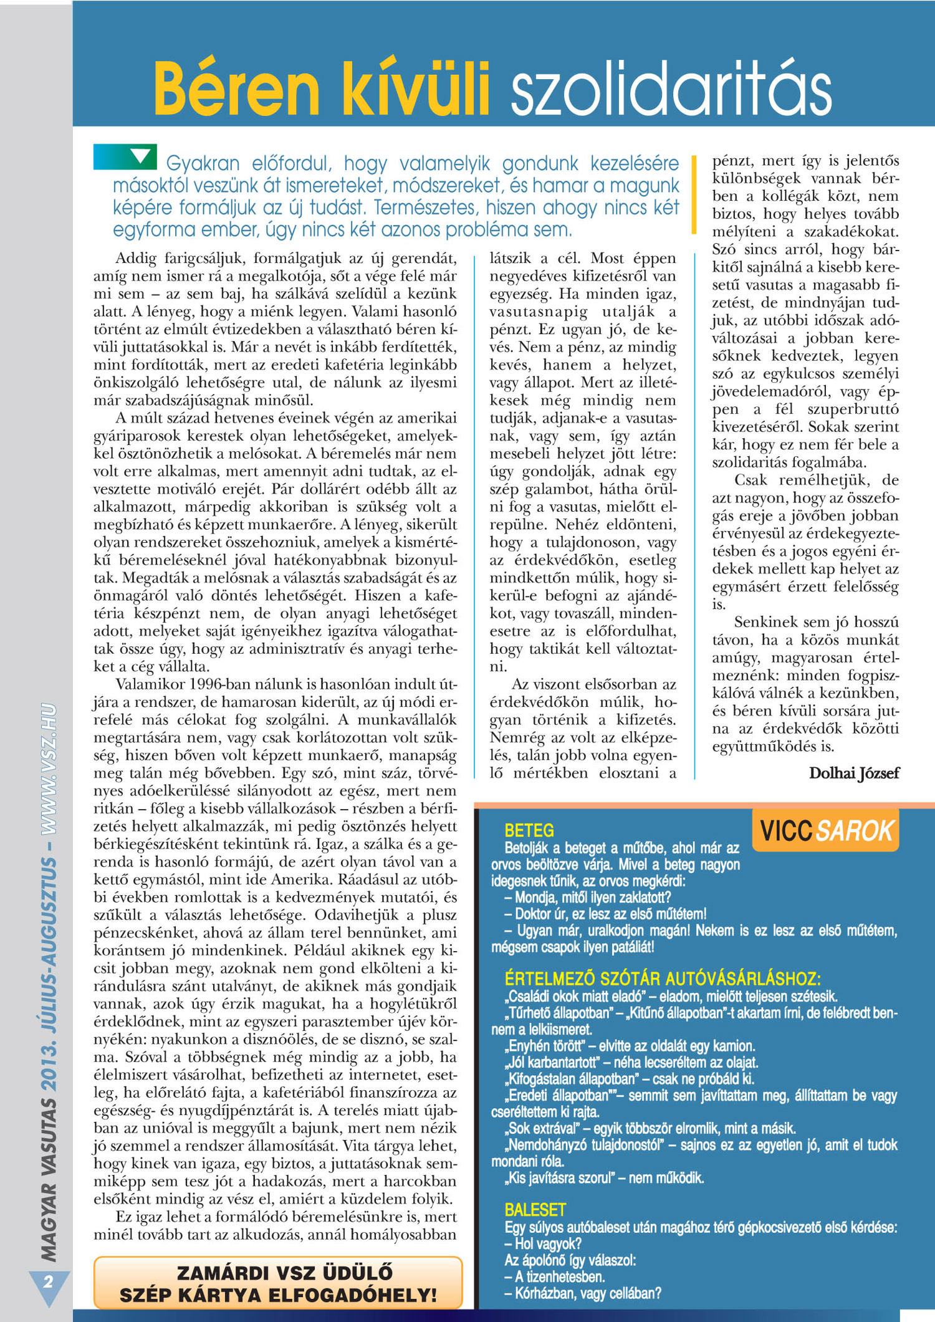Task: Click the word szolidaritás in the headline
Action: (671, 91)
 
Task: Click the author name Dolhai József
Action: (853, 774)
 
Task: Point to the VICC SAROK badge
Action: (825, 831)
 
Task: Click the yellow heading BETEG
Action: (529, 830)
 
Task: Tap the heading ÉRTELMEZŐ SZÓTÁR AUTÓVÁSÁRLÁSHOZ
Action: (662, 978)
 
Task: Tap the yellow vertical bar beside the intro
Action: (694, 194)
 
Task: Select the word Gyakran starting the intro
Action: (203, 164)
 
